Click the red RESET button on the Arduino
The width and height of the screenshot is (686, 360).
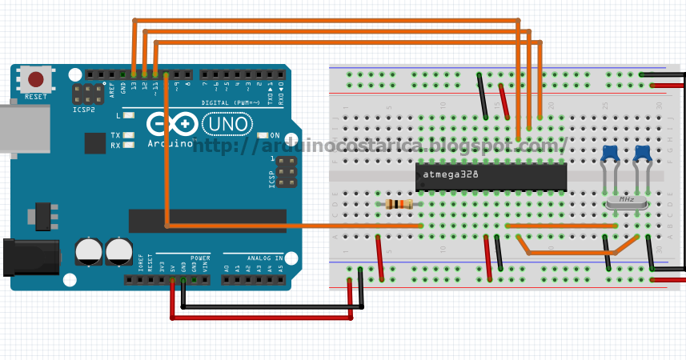point(35,79)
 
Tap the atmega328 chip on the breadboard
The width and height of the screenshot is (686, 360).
point(491,176)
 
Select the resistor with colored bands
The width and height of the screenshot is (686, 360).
point(399,204)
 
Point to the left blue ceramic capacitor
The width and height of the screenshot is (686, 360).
point(610,153)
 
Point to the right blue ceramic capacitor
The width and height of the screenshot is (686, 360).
point(642,153)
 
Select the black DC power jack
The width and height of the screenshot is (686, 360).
point(30,257)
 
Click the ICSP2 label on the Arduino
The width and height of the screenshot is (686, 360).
point(83,110)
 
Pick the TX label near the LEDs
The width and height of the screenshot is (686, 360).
point(115,135)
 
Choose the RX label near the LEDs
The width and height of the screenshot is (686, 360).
point(115,146)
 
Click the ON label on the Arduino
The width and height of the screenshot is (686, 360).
point(275,135)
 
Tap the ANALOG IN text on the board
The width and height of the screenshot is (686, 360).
point(265,258)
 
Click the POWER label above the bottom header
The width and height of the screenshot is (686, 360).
point(200,258)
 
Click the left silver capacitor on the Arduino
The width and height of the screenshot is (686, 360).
point(89,251)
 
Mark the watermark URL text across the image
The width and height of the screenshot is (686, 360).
point(379,145)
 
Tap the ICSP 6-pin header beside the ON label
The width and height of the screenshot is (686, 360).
point(287,172)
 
